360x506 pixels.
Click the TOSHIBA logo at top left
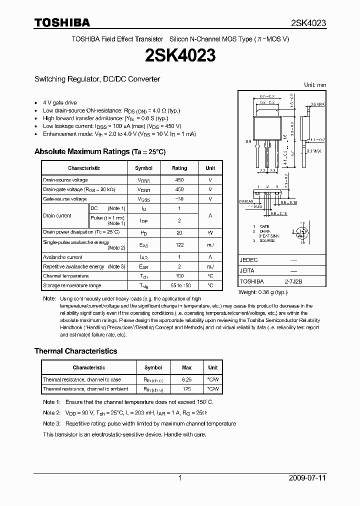click(62, 22)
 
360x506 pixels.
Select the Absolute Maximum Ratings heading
click(100, 151)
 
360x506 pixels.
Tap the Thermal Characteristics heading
click(75, 351)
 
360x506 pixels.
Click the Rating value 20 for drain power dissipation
click(179, 232)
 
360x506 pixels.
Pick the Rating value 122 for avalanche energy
click(179, 245)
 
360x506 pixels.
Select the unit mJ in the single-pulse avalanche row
click(210, 245)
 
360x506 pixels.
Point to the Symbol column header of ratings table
click(143, 168)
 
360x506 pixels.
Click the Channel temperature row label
click(65, 276)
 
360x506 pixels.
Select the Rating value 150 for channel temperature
click(179, 276)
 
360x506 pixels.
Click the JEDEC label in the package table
click(248, 260)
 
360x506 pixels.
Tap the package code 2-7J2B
click(293, 281)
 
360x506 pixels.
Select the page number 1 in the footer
click(180, 478)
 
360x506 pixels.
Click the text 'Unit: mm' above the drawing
click(315, 85)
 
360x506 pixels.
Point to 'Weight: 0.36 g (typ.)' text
click(263, 292)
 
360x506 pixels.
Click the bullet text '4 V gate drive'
click(60, 102)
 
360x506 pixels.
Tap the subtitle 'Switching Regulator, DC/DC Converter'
click(97, 79)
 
